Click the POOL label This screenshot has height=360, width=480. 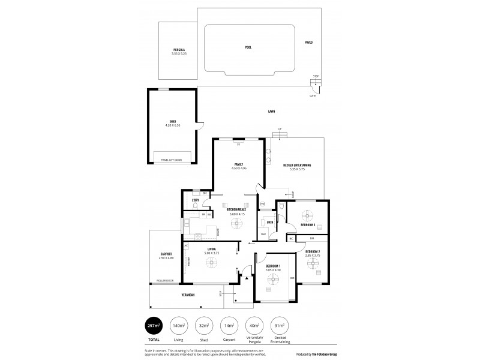click(x=248, y=46)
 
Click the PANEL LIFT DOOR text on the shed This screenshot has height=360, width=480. click(x=172, y=160)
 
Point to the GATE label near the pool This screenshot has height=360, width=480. click(x=313, y=95)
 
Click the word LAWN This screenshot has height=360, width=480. click(x=272, y=112)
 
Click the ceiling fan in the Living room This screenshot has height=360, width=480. click(x=211, y=260)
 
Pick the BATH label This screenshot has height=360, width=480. click(x=271, y=222)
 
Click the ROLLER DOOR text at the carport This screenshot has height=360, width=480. click(x=165, y=280)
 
